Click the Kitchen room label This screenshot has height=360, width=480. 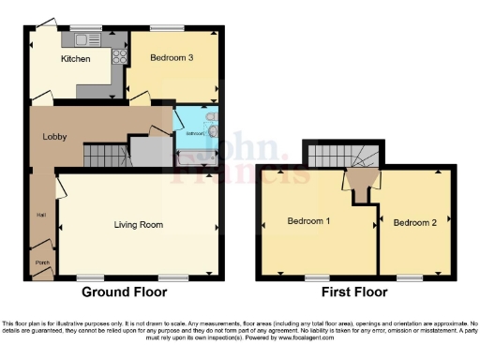[x=75, y=59]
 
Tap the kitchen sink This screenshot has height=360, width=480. [x=89, y=39]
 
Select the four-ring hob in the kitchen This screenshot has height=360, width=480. [x=120, y=55]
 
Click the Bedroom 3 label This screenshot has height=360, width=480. [x=172, y=58]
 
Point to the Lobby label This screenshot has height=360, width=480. [x=53, y=136]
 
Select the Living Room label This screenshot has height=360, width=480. [x=139, y=225]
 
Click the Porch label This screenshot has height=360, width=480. [x=41, y=261]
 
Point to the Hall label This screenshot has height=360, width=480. [x=40, y=215]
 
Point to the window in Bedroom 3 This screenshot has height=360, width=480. [x=170, y=28]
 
